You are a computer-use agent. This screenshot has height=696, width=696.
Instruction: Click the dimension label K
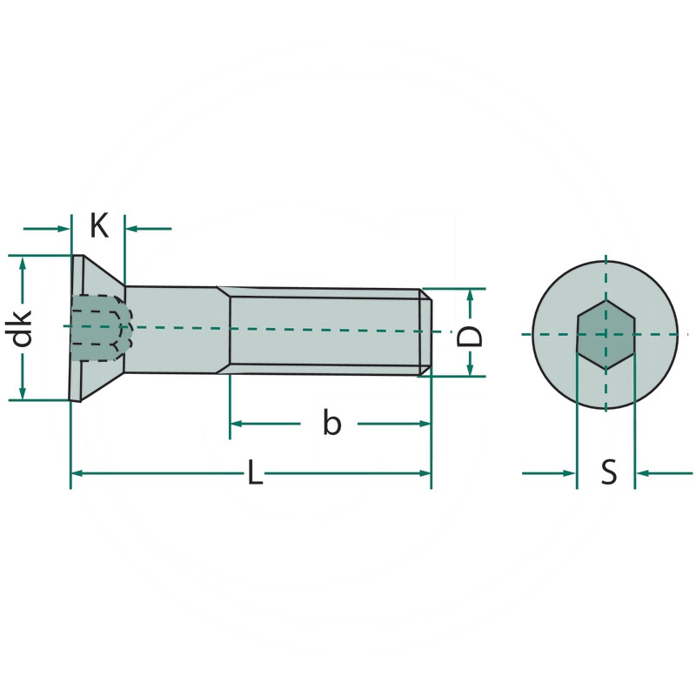[x=100, y=227]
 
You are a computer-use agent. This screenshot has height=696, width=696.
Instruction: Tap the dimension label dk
[x=23, y=328]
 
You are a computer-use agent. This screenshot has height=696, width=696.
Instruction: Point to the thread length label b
[x=331, y=424]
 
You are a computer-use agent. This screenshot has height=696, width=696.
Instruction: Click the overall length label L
[x=253, y=473]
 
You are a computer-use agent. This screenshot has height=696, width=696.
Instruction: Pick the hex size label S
[x=609, y=473]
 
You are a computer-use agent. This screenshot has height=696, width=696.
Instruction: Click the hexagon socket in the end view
[x=606, y=335]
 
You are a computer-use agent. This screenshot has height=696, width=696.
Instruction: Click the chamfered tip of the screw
[x=426, y=331]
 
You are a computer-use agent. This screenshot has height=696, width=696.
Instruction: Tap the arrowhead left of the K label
[x=64, y=229]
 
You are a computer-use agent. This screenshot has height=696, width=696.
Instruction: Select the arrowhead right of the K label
[x=132, y=229]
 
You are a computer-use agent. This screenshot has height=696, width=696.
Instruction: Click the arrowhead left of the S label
[x=570, y=473]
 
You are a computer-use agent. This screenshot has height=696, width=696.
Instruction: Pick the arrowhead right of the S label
[x=641, y=473]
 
